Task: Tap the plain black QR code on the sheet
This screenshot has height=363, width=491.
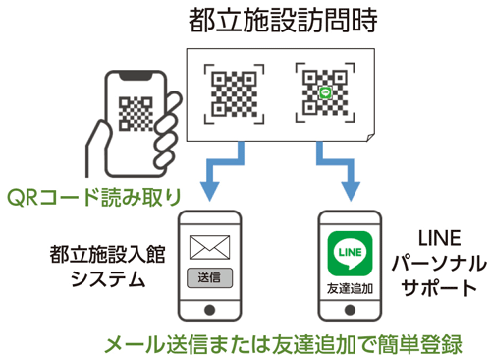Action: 234,94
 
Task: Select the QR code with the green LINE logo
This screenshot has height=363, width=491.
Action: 325,94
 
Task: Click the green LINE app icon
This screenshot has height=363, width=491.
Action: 351,251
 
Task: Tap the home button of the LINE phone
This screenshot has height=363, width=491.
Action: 351,308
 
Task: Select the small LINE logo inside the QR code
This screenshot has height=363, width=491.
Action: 325,94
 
